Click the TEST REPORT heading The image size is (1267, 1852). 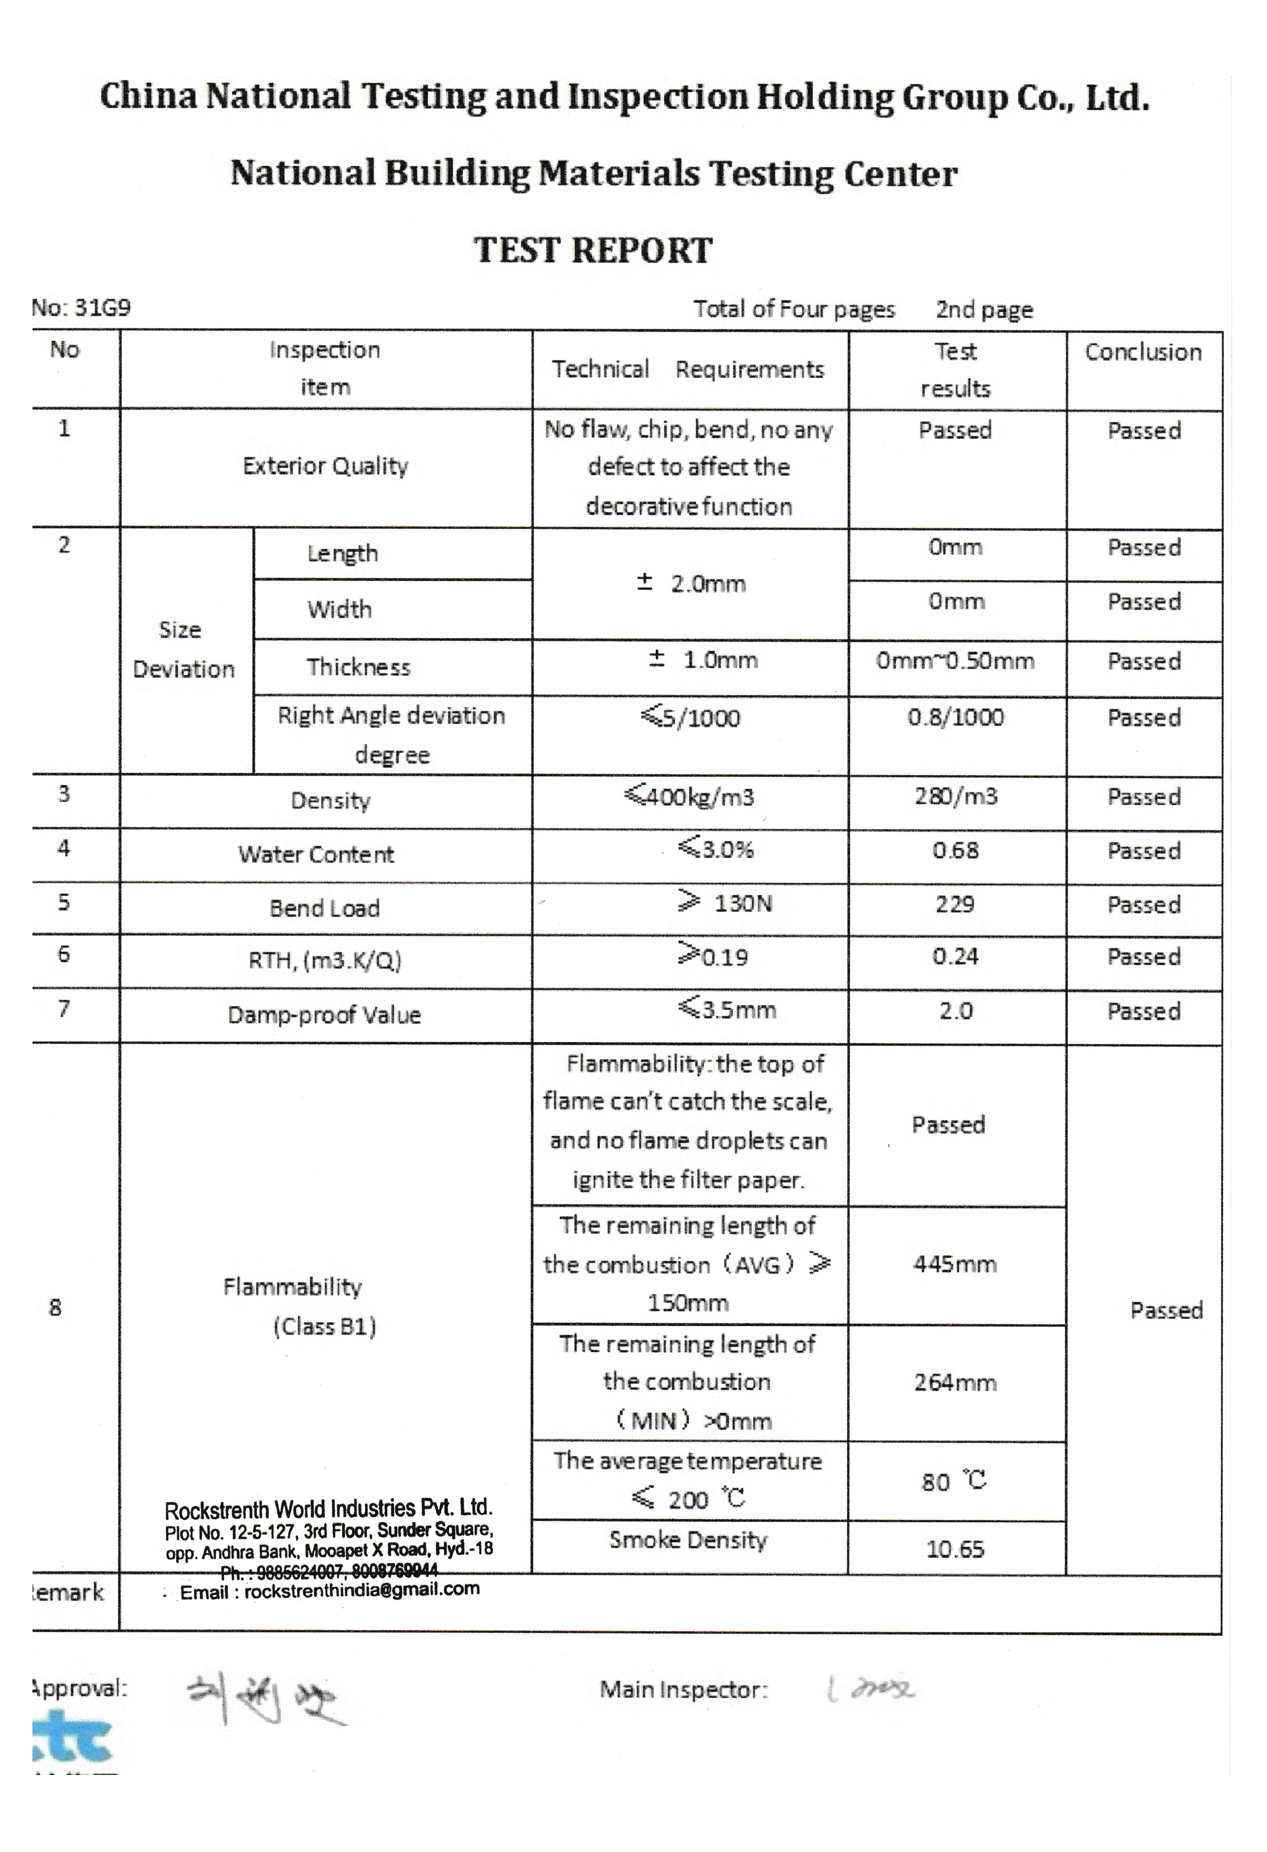593,250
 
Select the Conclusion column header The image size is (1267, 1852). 1143,352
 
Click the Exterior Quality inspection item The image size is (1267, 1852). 325,466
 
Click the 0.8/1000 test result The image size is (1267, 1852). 956,717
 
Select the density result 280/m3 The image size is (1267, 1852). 956,796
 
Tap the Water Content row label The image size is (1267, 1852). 316,854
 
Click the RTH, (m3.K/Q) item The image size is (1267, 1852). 325,960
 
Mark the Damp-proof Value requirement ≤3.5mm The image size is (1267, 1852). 727,1010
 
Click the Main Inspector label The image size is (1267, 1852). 683,1690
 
